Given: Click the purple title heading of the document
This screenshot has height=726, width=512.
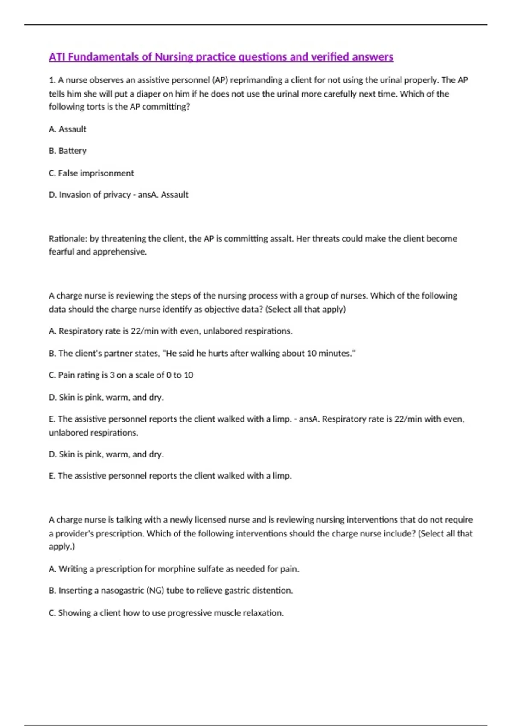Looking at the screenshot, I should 221,57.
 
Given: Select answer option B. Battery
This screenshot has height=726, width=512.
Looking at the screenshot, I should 67,151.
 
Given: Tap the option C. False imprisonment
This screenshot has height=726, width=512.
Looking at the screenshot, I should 91,173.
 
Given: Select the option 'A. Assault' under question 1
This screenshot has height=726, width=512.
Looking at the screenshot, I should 67,129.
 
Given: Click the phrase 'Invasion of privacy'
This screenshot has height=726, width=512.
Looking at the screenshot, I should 95,195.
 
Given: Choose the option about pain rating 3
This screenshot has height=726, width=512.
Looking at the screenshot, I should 121,375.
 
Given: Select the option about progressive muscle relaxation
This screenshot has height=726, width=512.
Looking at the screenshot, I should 166,613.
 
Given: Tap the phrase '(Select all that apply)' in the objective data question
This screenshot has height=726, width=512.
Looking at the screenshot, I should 305,309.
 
